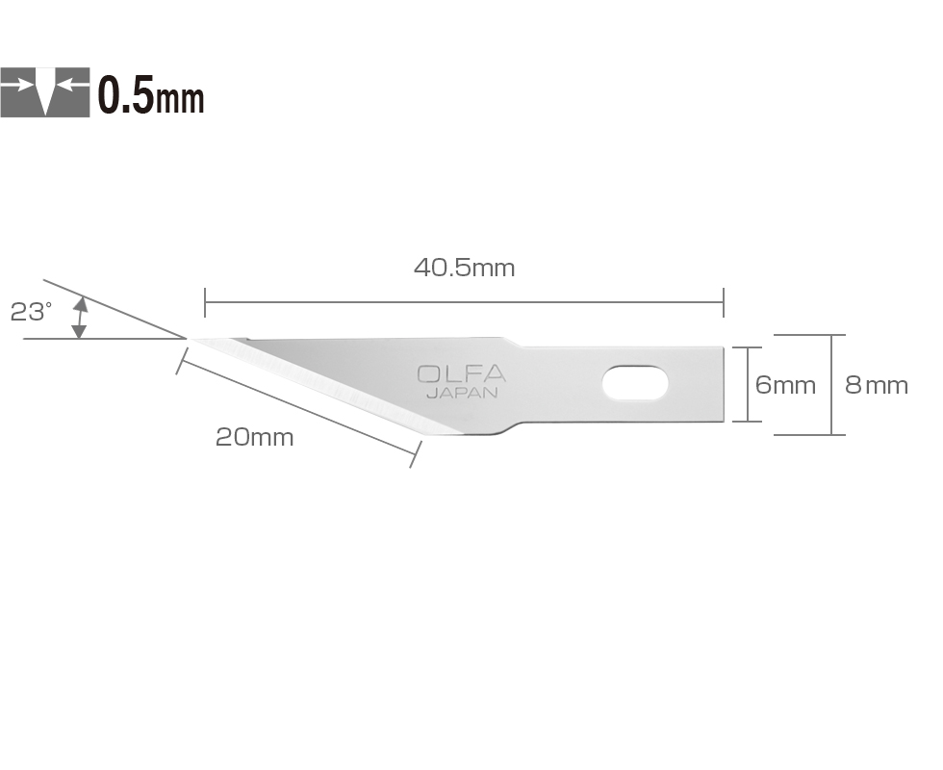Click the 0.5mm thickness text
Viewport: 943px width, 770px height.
tap(151, 94)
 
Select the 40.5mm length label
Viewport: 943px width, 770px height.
tap(464, 268)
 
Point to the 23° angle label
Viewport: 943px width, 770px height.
tap(31, 312)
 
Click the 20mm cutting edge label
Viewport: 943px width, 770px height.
tap(254, 437)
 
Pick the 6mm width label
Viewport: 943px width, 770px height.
tap(785, 385)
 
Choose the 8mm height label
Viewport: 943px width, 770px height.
tap(876, 385)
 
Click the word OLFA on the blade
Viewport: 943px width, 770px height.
tap(461, 374)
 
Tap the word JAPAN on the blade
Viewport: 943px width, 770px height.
tap(462, 393)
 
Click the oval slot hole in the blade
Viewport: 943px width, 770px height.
tap(635, 383)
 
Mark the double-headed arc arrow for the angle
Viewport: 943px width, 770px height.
tap(80, 318)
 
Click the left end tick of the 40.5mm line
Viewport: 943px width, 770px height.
tap(205, 302)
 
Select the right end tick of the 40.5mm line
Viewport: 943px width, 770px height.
tap(723, 302)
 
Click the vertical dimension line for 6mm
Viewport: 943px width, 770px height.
tap(748, 384)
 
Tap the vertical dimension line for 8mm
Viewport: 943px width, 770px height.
tap(832, 384)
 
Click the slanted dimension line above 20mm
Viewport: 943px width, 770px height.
tap(298, 404)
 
